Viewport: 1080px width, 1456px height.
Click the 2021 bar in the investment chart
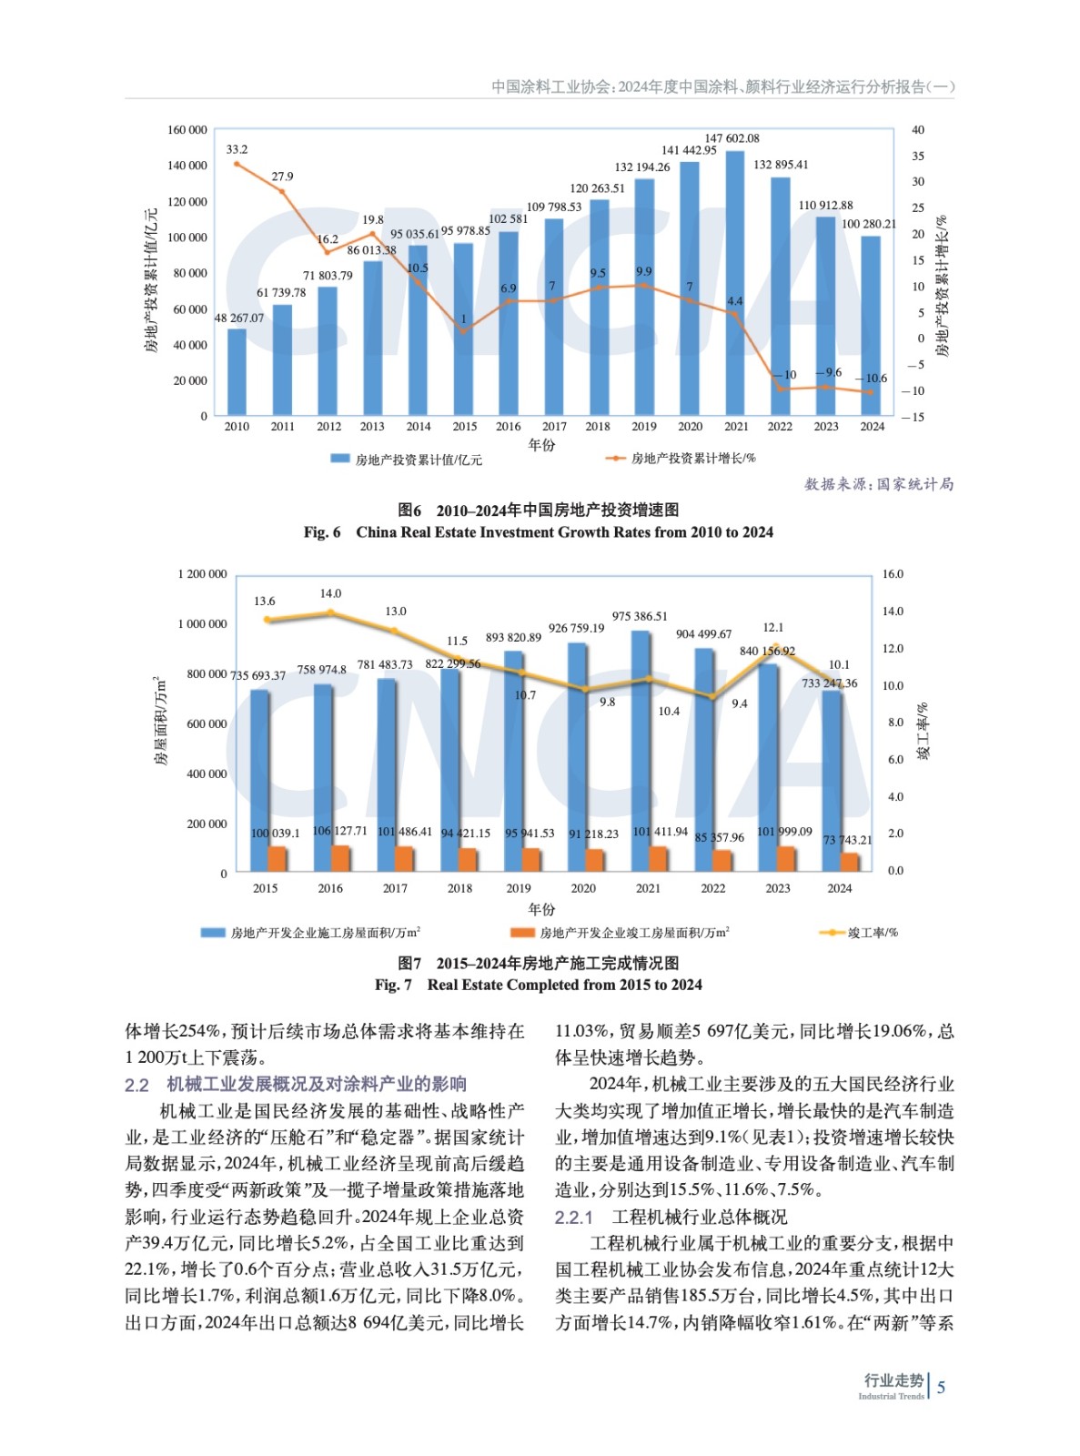pyautogui.click(x=735, y=282)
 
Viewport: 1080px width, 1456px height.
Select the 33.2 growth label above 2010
pyautogui.click(x=237, y=149)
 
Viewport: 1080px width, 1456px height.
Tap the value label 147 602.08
pyautogui.click(x=732, y=138)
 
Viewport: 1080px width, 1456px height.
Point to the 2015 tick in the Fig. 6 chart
pyautogui.click(x=464, y=426)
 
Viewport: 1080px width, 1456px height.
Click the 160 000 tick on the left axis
pyautogui.click(x=187, y=130)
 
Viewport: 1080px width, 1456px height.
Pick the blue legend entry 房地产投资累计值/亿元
pyautogui.click(x=406, y=460)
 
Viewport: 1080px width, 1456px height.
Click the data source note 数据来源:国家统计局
pyautogui.click(x=879, y=484)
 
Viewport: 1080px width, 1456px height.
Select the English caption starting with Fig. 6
pyautogui.click(x=539, y=532)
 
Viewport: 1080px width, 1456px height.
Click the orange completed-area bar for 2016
pyautogui.click(x=340, y=858)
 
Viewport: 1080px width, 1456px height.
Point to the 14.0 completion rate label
pyautogui.click(x=330, y=593)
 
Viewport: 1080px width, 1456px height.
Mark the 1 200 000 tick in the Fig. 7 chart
pyautogui.click(x=202, y=574)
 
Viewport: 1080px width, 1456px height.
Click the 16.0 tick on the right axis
pyautogui.click(x=893, y=574)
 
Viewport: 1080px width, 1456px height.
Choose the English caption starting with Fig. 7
pyautogui.click(x=539, y=985)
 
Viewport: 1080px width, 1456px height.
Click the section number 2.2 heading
pyautogui.click(x=136, y=1085)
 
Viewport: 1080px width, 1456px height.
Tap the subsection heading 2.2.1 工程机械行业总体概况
pyautogui.click(x=671, y=1217)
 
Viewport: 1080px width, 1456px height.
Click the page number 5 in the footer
pyautogui.click(x=941, y=1387)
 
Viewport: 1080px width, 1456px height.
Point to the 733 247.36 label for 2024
pyautogui.click(x=829, y=683)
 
